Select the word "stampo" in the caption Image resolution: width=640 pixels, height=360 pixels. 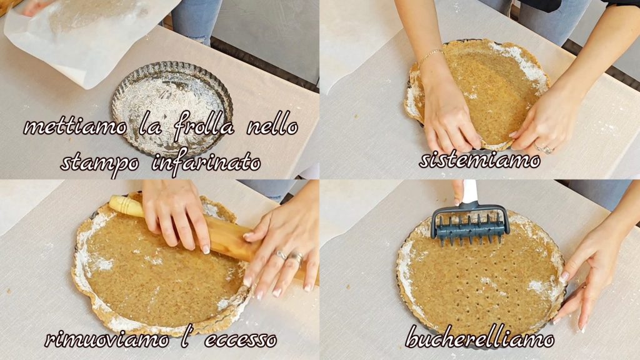100,164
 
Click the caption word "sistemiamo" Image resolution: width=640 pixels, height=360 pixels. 480,160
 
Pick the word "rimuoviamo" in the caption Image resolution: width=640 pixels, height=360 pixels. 106,339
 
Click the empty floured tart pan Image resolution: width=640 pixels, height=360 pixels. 172,109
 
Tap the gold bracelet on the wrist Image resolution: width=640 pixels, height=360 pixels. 430,56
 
